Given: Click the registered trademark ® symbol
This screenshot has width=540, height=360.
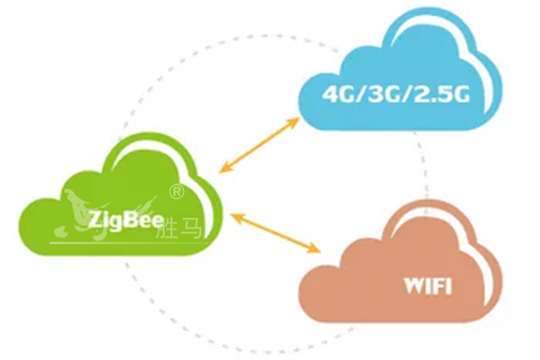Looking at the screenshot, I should [x=176, y=192].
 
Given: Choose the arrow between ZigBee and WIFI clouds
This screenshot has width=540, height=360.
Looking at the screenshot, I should [x=271, y=231].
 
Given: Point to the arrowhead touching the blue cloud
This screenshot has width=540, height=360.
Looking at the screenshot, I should [x=294, y=120].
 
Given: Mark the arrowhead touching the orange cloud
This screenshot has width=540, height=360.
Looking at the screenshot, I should [x=315, y=249].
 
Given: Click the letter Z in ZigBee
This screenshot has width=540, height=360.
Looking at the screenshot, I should [x=94, y=219].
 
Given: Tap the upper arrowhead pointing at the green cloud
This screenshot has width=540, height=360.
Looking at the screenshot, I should [x=225, y=168].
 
